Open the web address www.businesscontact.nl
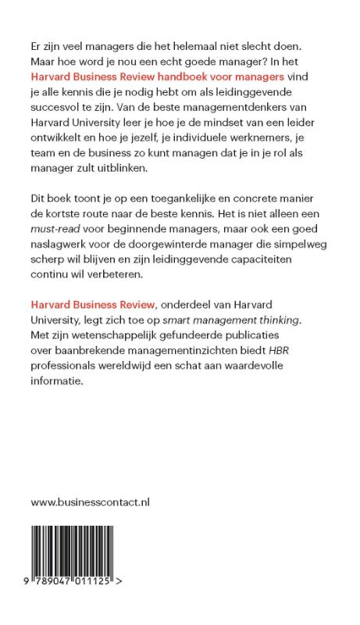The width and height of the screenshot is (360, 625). (90, 502)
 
